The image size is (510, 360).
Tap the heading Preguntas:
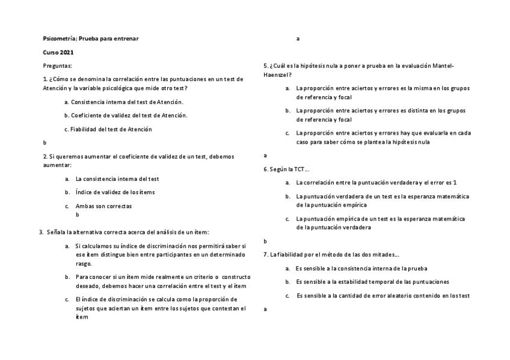pyautogui.click(x=58, y=65)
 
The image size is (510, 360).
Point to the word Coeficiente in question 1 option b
pyautogui.click(x=88, y=115)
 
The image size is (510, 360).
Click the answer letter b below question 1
pyautogui.click(x=45, y=142)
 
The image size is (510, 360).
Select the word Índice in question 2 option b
pyautogui.click(x=84, y=192)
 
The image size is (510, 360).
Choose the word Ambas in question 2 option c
pyautogui.click(x=85, y=206)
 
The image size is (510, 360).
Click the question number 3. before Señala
pyautogui.click(x=40, y=232)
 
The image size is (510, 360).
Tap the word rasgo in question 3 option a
pyautogui.click(x=84, y=263)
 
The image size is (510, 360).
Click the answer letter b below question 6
pyautogui.click(x=266, y=241)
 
